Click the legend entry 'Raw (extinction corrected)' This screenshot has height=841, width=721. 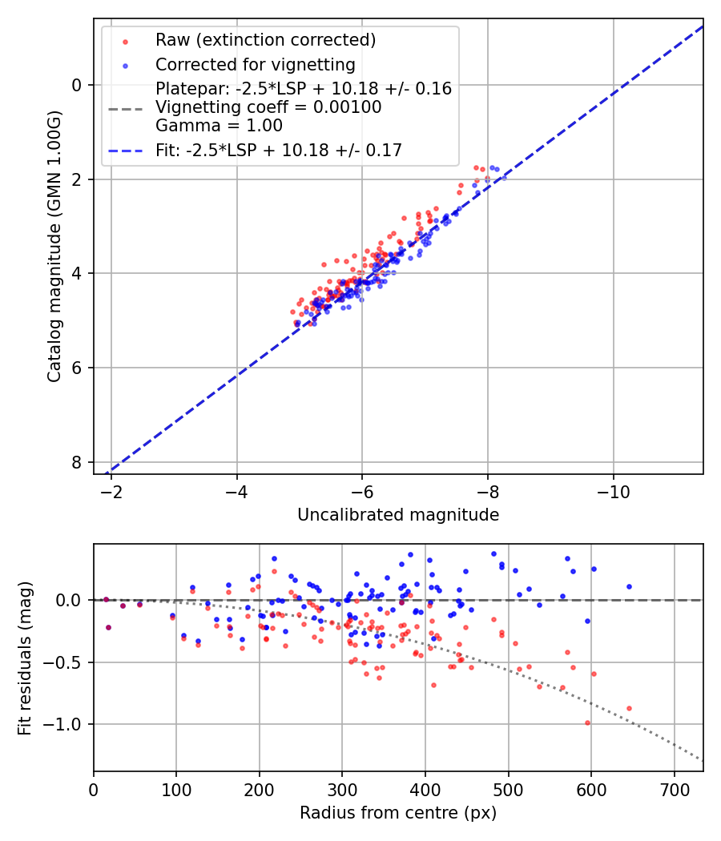(265, 40)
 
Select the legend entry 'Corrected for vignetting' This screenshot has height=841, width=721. (255, 64)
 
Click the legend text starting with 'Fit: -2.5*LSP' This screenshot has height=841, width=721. (279, 150)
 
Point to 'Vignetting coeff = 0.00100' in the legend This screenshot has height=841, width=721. (268, 107)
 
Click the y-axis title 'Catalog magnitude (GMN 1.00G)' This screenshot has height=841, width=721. (54, 247)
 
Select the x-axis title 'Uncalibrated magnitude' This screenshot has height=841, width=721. (398, 515)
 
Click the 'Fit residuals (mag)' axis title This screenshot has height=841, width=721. (26, 658)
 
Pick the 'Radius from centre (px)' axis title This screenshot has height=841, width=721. (398, 813)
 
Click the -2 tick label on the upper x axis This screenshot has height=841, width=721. (111, 489)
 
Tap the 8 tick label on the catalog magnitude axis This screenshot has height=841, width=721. (77, 462)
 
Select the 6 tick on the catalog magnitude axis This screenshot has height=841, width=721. (77, 368)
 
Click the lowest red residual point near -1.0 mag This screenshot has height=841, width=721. (587, 722)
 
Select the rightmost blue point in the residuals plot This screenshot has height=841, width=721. (629, 586)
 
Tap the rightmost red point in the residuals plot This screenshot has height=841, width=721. (629, 708)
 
